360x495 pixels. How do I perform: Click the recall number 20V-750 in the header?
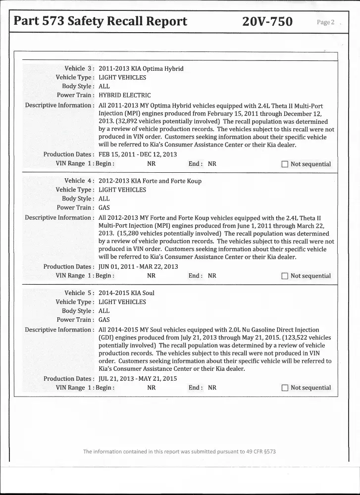click(x=267, y=21)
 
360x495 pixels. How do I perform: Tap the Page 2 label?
click(x=326, y=22)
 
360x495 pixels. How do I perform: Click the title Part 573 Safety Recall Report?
click(x=101, y=21)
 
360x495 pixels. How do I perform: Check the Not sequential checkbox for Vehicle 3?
click(x=284, y=164)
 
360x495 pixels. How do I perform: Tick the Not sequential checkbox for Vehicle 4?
click(x=284, y=276)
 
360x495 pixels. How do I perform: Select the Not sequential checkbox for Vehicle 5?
click(x=284, y=388)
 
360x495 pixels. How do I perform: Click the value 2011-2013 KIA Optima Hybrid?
click(x=141, y=68)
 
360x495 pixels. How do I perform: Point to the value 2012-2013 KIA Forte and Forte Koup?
click(x=150, y=181)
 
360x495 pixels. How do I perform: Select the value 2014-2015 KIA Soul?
click(x=126, y=293)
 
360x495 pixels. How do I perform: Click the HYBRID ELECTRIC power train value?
click(x=125, y=95)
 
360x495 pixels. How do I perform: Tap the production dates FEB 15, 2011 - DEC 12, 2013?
click(x=138, y=154)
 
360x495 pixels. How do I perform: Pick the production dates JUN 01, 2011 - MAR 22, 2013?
click(x=138, y=266)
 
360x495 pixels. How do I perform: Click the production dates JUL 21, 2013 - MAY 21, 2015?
click(x=138, y=379)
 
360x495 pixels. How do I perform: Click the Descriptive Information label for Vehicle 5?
click(x=59, y=330)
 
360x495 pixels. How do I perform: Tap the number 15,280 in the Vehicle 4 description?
click(x=129, y=234)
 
